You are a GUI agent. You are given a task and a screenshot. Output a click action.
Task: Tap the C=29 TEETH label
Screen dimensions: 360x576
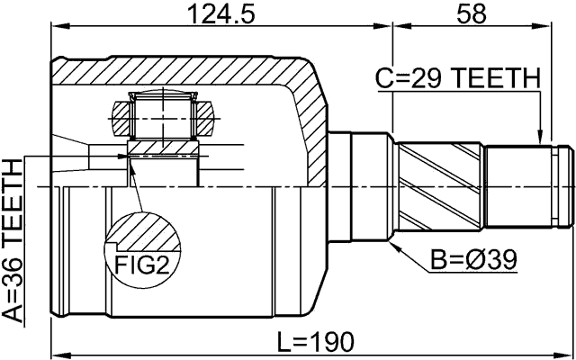click(457, 79)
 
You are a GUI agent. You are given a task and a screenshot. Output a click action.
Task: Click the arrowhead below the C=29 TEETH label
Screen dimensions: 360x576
click(538, 138)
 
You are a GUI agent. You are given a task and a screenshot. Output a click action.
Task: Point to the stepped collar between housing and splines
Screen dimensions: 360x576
click(369, 186)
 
